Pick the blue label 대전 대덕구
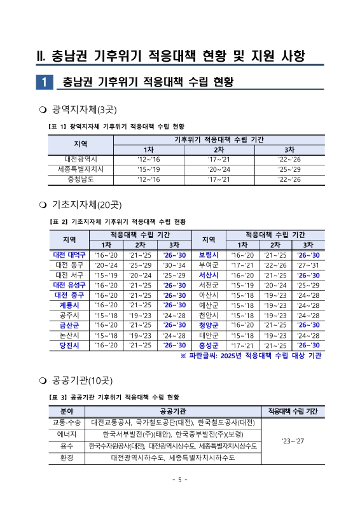tap(70, 255)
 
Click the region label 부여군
tap(209, 265)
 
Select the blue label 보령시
tap(209, 255)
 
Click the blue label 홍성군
tap(209, 345)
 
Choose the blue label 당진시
tap(70, 345)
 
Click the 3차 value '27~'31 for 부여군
tap(308, 265)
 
